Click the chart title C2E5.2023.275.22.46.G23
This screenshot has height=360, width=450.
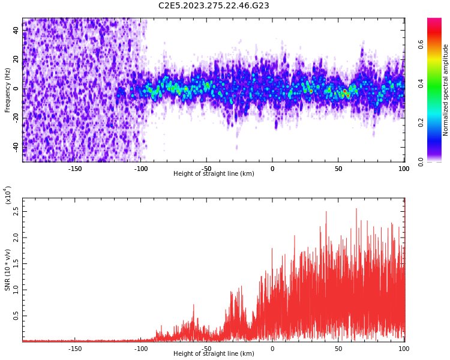214,6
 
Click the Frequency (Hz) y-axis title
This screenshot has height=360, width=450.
8,90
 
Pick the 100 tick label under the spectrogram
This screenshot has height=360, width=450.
404,169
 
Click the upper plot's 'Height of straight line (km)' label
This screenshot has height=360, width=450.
214,174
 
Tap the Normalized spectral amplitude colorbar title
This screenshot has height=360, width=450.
446,90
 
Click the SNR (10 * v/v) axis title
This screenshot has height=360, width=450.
8,270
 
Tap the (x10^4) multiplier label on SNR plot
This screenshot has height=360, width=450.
8,195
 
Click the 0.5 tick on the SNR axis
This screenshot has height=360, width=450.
16,315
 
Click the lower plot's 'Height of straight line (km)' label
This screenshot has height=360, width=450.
214,354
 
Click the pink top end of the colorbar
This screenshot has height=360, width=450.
434,22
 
